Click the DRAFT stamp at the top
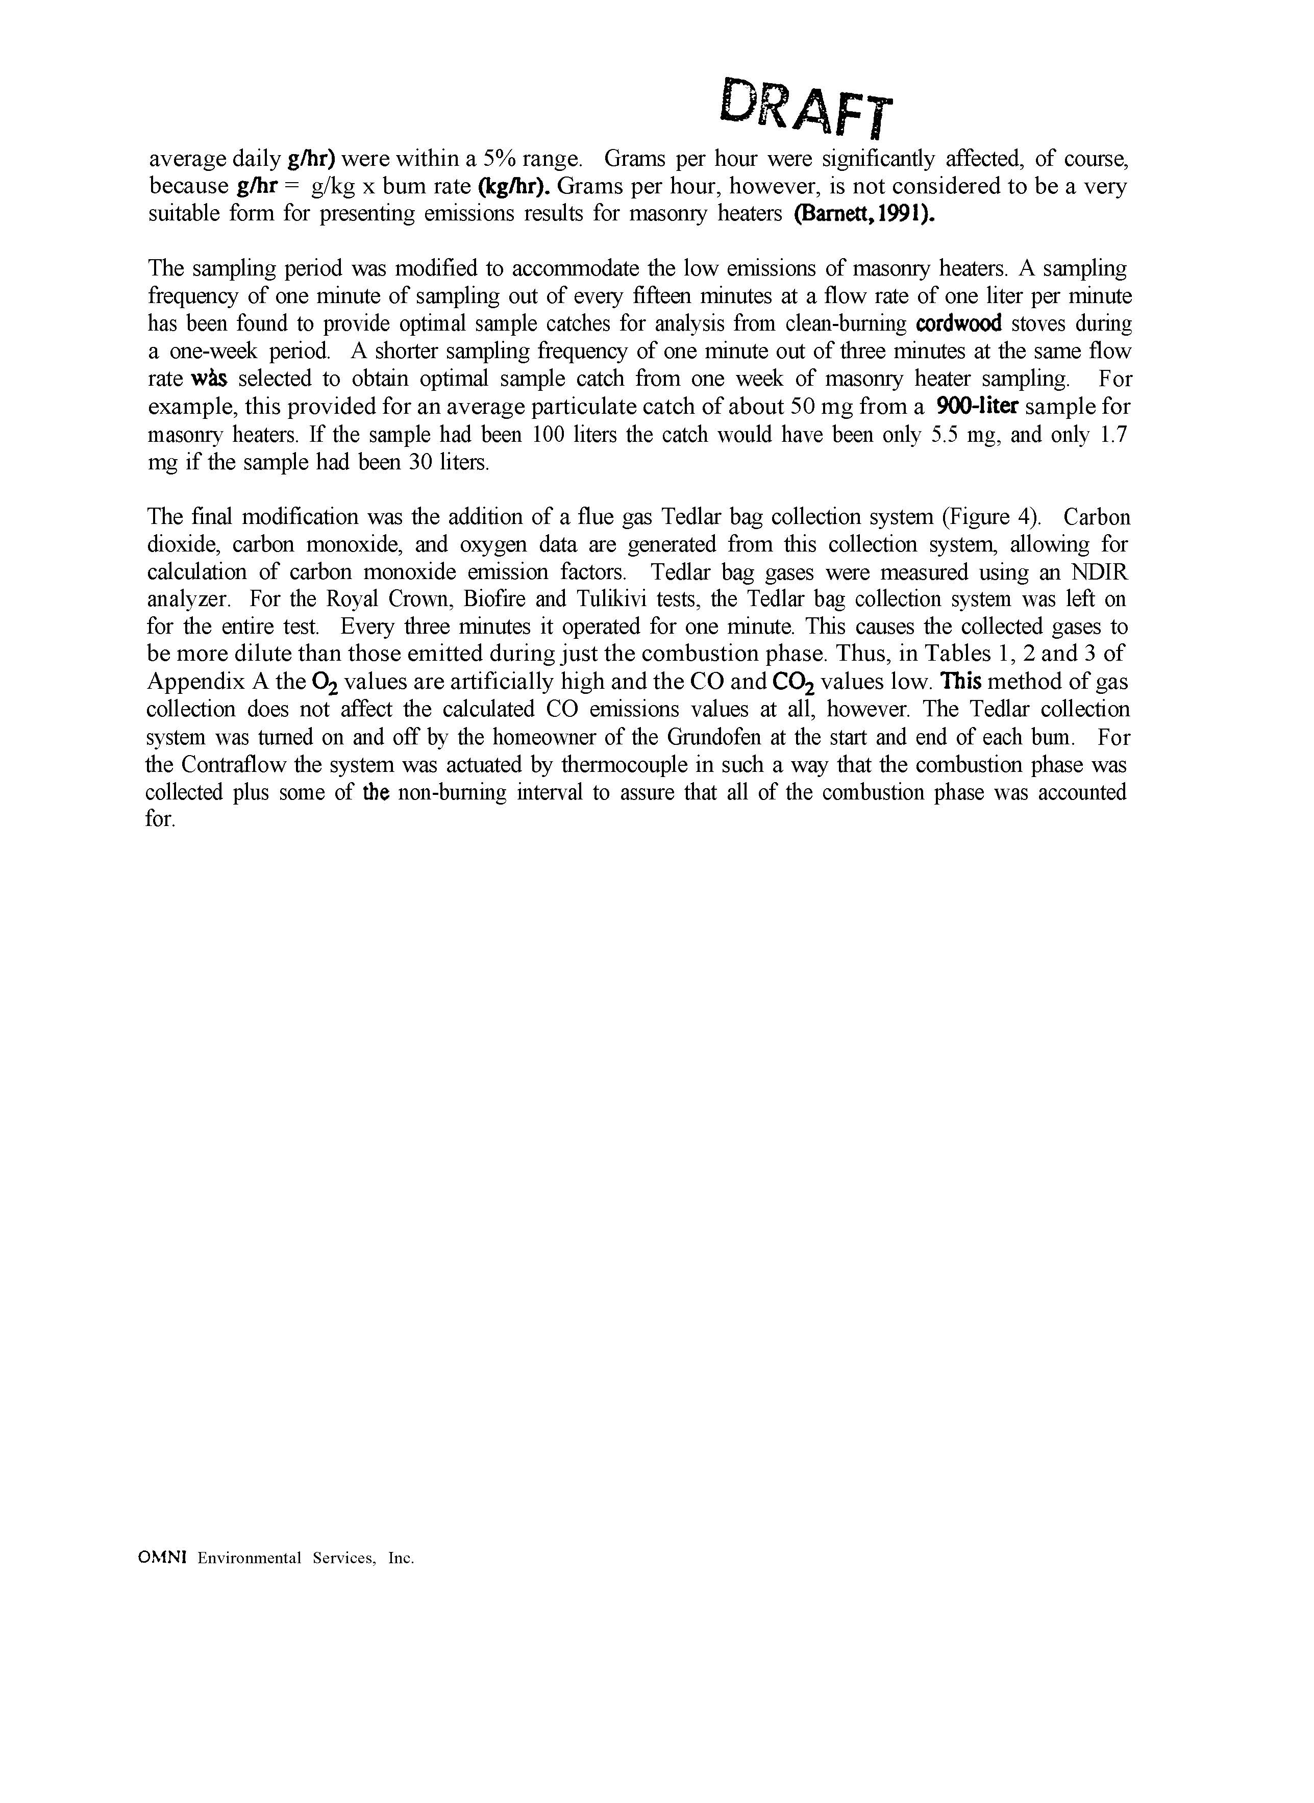pos(805,107)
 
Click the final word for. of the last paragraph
pos(159,819)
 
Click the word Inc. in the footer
pos(401,1558)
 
